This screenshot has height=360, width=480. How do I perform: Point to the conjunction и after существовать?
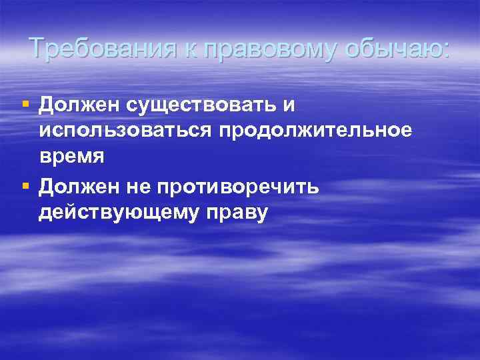click(290, 107)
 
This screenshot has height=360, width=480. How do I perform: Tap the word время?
click(71, 157)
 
